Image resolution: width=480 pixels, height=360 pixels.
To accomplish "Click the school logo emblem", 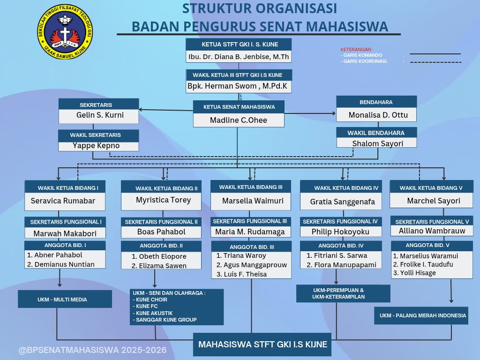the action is pos(65,31).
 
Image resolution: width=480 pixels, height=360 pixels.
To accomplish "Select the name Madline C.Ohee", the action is pos(239,120).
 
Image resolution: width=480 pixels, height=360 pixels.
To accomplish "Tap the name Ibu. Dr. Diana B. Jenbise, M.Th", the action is pos(239,57).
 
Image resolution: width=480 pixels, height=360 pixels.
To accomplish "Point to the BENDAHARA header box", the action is pos(376,102).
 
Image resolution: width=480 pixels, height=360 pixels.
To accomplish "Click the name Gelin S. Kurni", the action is pos(100,115).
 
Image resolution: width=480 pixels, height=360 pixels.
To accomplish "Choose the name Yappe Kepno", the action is pos(96,145).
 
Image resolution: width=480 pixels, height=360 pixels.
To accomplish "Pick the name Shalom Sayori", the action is pos(377,143).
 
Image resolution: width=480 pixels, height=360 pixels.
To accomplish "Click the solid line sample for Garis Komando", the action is pos(435,54).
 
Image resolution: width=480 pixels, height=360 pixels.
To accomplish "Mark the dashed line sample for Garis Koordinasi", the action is pos(435,62).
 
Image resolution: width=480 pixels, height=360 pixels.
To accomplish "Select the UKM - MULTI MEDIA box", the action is pos(65,299).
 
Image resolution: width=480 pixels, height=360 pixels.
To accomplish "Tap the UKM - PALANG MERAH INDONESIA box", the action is pos(421,315).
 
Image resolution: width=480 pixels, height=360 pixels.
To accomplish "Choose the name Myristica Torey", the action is pos(164,200).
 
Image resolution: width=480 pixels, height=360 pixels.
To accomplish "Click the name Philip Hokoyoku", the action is pos(340,232).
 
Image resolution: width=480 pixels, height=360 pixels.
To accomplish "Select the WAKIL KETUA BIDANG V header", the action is pos(431,187).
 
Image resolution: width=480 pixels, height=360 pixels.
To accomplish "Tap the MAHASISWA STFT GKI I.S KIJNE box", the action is pos(262,345).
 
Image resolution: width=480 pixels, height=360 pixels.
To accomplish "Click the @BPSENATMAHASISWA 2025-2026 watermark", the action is pos(92,350).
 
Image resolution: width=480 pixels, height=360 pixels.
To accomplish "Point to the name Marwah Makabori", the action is pos(65,233).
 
